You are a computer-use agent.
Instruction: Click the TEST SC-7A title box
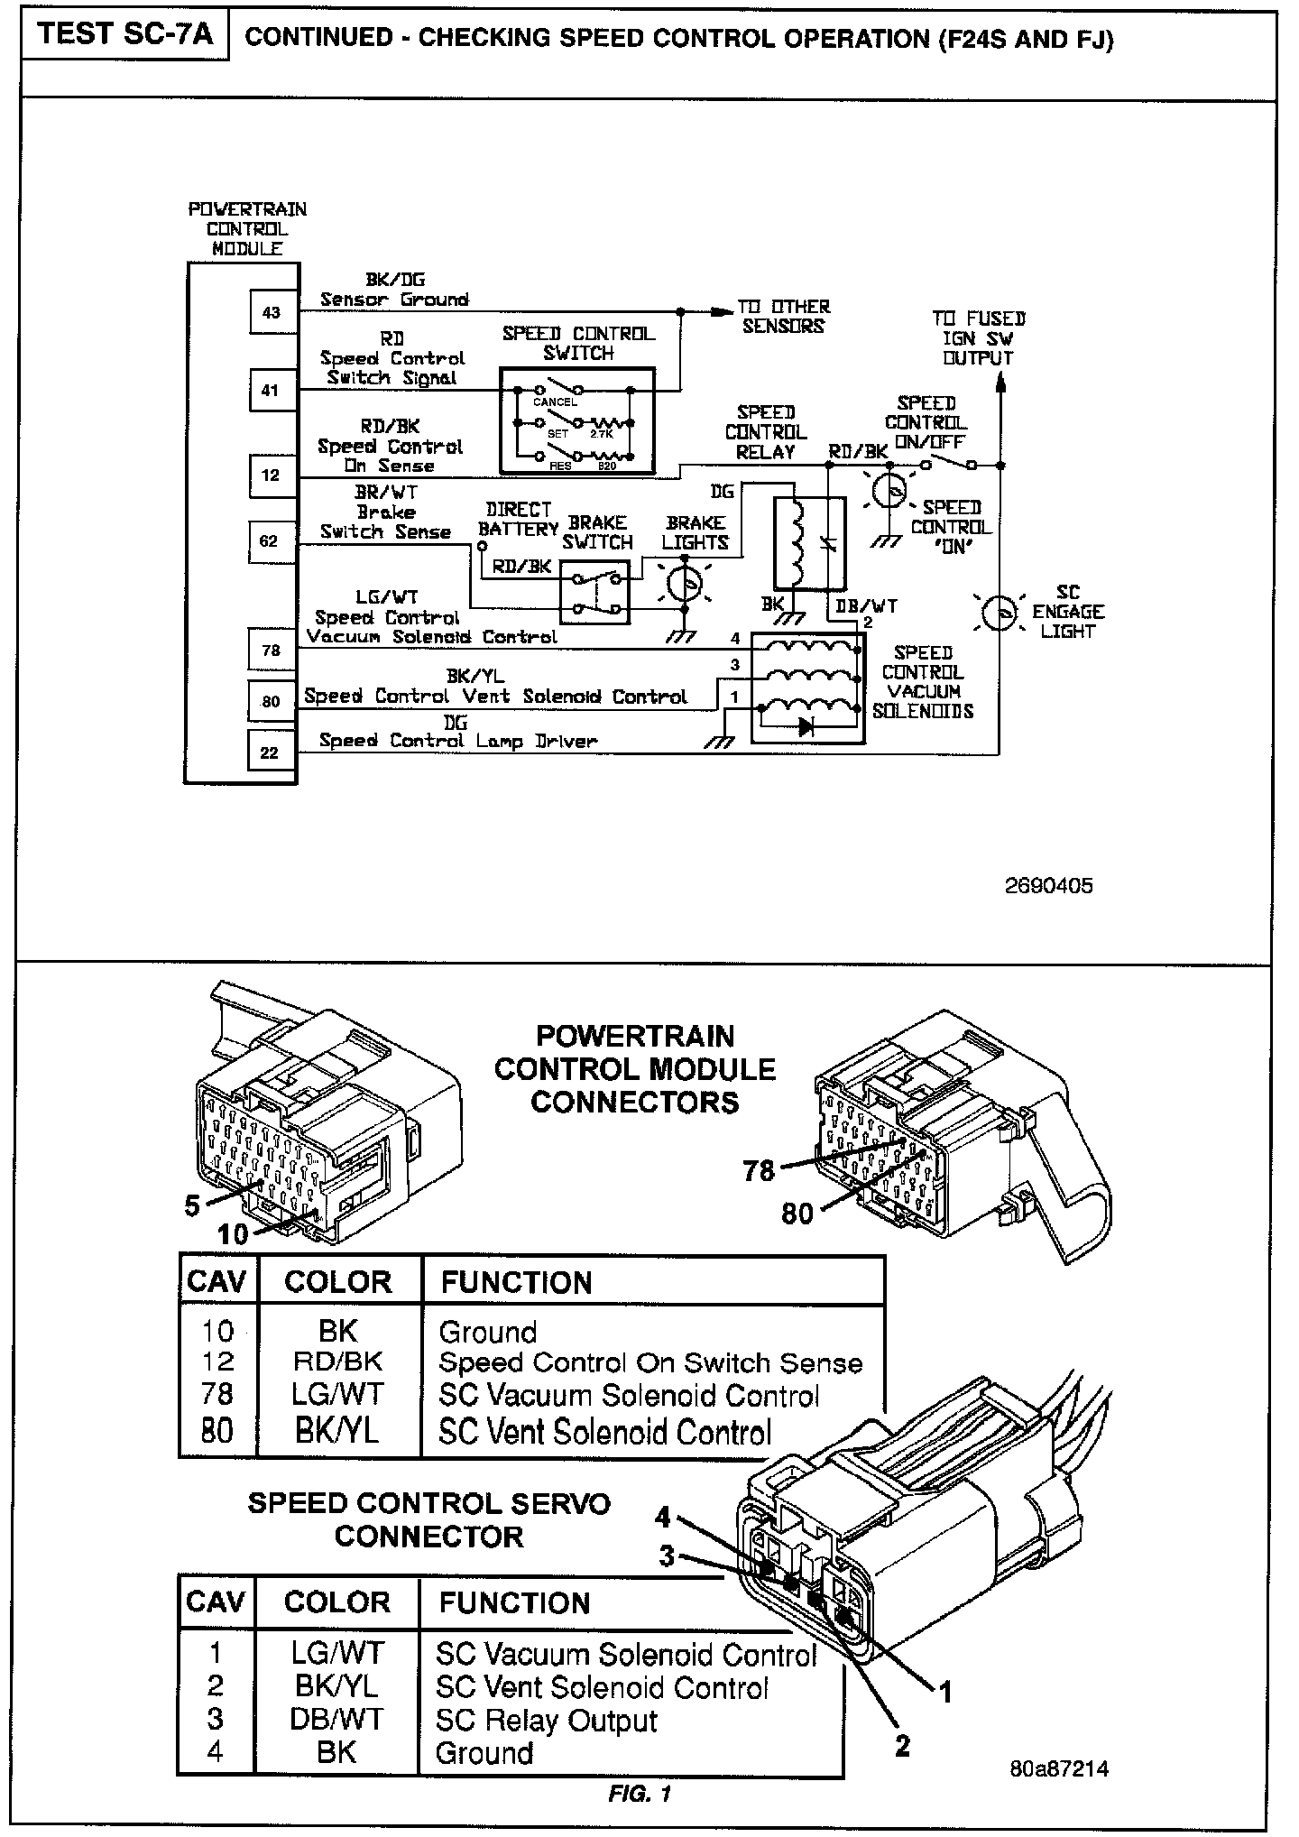click(x=125, y=35)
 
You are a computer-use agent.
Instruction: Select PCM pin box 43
click(x=272, y=312)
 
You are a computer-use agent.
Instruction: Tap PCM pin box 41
click(x=272, y=391)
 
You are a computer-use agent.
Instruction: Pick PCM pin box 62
click(x=270, y=541)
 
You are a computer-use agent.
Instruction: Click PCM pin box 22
click(x=270, y=752)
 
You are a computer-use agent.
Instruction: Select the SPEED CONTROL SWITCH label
click(x=578, y=344)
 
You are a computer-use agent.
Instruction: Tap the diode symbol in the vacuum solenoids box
click(x=806, y=726)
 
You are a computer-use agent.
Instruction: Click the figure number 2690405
click(x=1048, y=885)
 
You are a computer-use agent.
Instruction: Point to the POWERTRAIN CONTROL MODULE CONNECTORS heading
click(x=635, y=1069)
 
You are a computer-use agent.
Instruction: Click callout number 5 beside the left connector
click(x=192, y=1206)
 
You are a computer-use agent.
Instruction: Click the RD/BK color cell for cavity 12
click(x=337, y=1362)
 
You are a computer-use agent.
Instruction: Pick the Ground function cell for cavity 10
click(x=488, y=1332)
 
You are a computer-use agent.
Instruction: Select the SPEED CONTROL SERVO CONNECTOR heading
click(x=429, y=1520)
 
